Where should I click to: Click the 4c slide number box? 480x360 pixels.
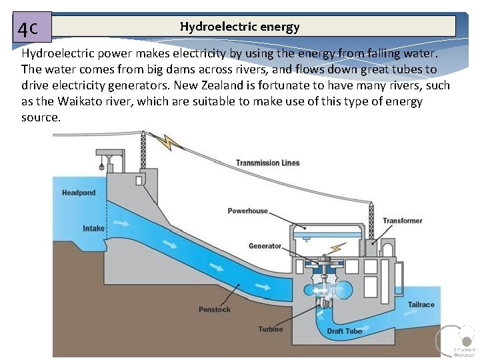click(x=31, y=28)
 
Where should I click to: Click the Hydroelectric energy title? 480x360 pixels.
click(x=239, y=27)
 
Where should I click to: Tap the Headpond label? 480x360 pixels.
click(x=79, y=193)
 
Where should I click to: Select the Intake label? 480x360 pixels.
click(x=93, y=229)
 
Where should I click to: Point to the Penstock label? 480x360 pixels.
click(x=215, y=309)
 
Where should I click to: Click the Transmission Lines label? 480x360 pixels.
click(x=267, y=163)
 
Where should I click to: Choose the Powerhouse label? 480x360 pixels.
click(x=247, y=211)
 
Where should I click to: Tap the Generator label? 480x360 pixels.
click(x=265, y=246)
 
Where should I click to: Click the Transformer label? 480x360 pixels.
click(x=402, y=221)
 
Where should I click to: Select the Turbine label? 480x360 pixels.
click(x=271, y=329)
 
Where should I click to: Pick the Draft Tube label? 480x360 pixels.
click(x=345, y=331)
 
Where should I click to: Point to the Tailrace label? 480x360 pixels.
click(x=421, y=305)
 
